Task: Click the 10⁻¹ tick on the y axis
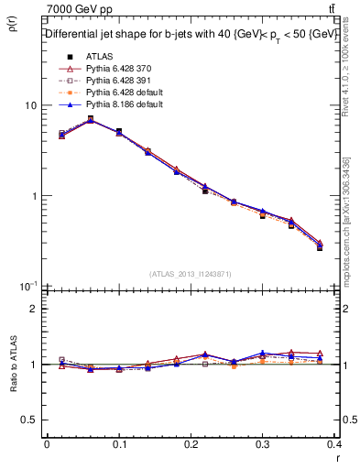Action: click(x=28, y=286)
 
